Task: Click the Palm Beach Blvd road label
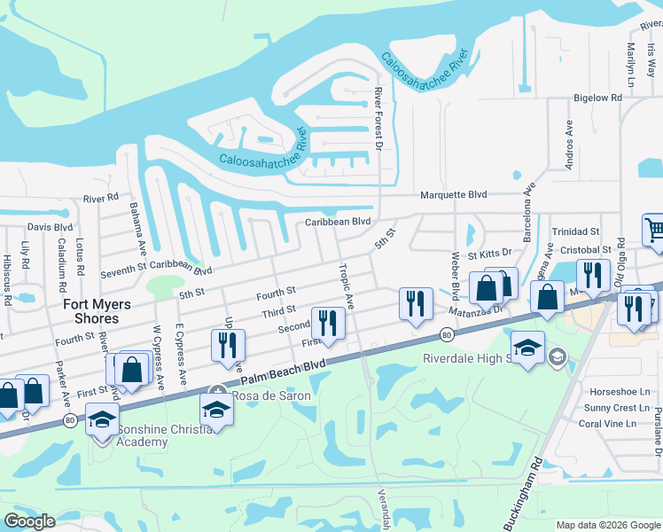[281, 374]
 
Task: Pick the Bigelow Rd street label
[600, 98]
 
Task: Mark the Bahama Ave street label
[138, 225]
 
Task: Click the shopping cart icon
[654, 231]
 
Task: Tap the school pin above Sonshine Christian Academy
[102, 419]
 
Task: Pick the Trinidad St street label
[577, 231]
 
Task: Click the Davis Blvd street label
[50, 228]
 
